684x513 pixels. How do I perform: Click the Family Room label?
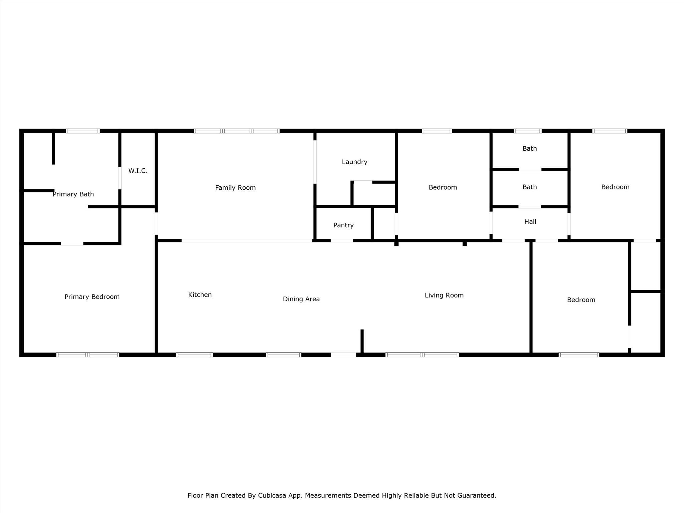click(235, 188)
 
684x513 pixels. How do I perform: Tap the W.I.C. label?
click(138, 171)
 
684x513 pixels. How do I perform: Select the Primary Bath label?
click(73, 194)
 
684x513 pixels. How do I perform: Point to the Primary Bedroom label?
click(92, 297)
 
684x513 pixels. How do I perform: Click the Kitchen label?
click(200, 295)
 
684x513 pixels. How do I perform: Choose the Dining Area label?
click(301, 299)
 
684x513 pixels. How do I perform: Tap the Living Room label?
click(444, 295)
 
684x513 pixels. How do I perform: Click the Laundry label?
click(354, 162)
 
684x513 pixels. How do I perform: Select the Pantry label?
click(343, 225)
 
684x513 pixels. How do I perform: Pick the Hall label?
click(530, 222)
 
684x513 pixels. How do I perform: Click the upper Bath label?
click(529, 149)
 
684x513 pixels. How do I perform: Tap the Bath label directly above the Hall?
click(529, 187)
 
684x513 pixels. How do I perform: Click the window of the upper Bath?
click(527, 131)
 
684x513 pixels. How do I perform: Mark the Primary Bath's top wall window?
click(83, 131)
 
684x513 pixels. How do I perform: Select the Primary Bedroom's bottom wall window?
click(88, 355)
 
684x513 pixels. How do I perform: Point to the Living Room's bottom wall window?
click(422, 355)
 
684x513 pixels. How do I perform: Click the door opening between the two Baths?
click(530, 169)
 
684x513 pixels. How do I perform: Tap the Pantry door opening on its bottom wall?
click(342, 240)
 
